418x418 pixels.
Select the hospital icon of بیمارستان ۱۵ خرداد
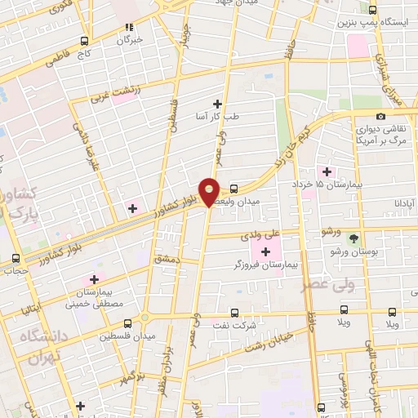pos(328,171)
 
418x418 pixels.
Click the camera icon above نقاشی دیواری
pos(381,116)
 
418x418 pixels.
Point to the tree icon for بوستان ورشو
pos(353,238)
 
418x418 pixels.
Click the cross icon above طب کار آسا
pos(217,103)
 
